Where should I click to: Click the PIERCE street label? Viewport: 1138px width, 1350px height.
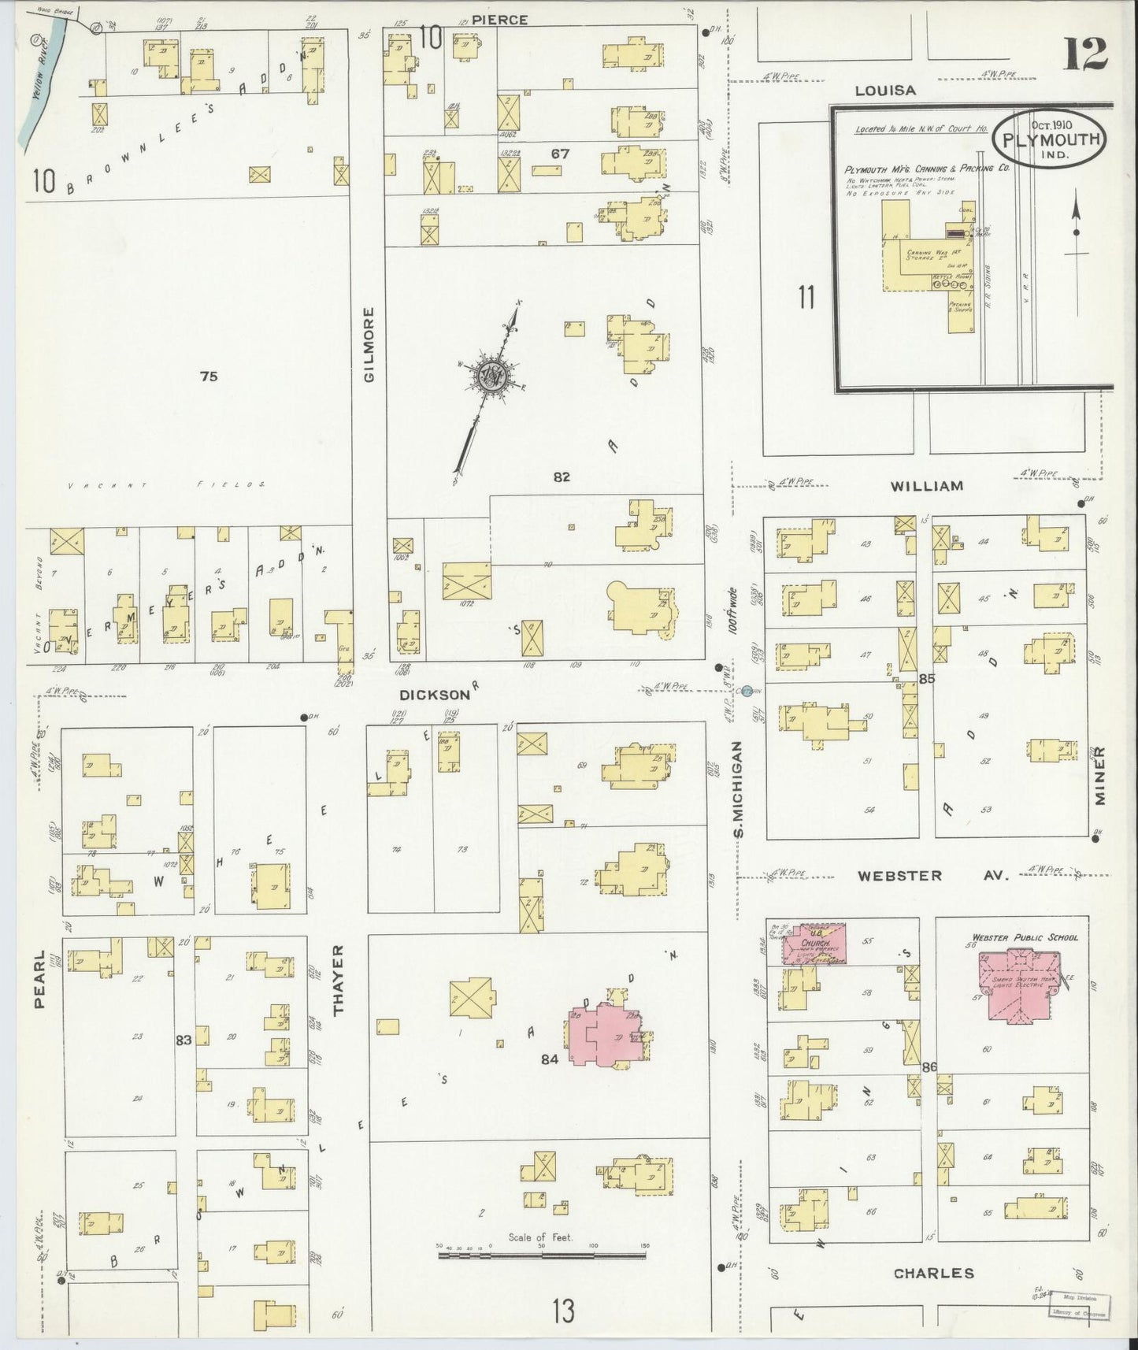[501, 19]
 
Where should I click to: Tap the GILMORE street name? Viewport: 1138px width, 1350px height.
[371, 345]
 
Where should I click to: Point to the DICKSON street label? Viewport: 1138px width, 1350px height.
[434, 695]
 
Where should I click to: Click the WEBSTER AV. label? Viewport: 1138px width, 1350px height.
[932, 875]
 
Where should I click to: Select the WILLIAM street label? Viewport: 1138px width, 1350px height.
[927, 486]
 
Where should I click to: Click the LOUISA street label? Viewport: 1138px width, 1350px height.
[887, 91]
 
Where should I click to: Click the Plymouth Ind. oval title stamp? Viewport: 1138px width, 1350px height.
[1051, 139]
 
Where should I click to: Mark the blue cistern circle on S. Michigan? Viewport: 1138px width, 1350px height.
[747, 692]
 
